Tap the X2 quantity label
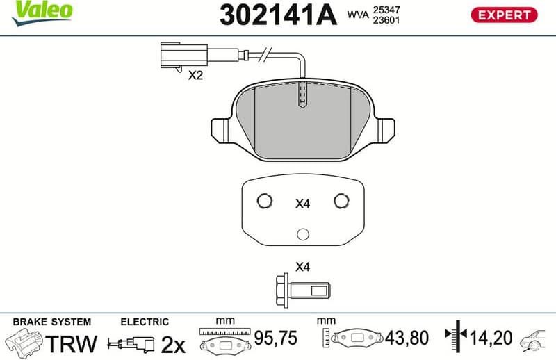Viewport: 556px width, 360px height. point(195,75)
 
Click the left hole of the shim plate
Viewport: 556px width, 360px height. point(264,201)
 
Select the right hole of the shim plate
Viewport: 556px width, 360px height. point(341,201)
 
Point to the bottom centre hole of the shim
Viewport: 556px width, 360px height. point(302,234)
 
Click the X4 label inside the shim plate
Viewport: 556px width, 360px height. point(302,204)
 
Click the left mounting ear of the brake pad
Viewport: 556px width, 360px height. point(221,130)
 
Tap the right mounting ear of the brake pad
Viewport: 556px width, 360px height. point(384,130)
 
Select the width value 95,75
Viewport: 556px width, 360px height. point(275,338)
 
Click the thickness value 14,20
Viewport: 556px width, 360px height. point(490,338)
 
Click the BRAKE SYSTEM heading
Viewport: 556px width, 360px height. point(51,322)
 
